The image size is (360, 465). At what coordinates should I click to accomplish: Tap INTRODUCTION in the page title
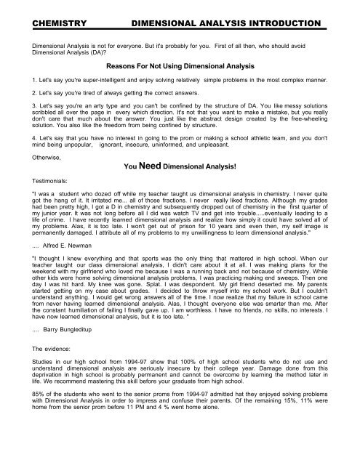pyautogui.click(x=282, y=25)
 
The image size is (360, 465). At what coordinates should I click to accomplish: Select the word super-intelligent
pyautogui.click(x=113, y=78)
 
